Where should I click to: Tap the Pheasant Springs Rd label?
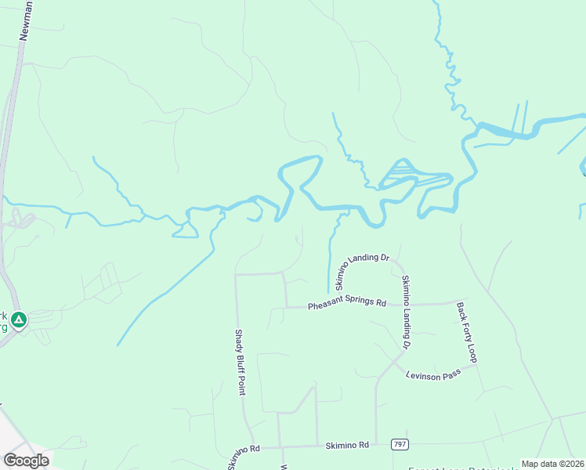click(347, 304)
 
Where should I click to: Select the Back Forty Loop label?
click(466, 333)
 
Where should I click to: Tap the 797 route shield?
click(399, 444)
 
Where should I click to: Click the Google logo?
click(26, 461)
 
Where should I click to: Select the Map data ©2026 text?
click(552, 464)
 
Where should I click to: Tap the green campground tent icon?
click(19, 320)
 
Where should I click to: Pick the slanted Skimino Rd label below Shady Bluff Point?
click(243, 456)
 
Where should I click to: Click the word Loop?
click(472, 352)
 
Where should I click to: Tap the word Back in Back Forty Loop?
click(461, 311)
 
